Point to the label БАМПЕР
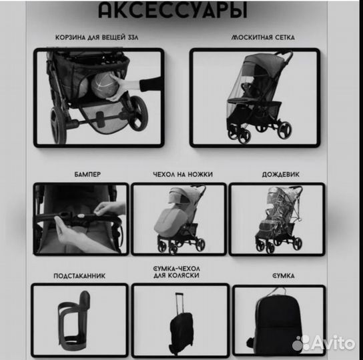[87, 174]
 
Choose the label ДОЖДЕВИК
[276, 174]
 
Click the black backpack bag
[279, 323]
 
